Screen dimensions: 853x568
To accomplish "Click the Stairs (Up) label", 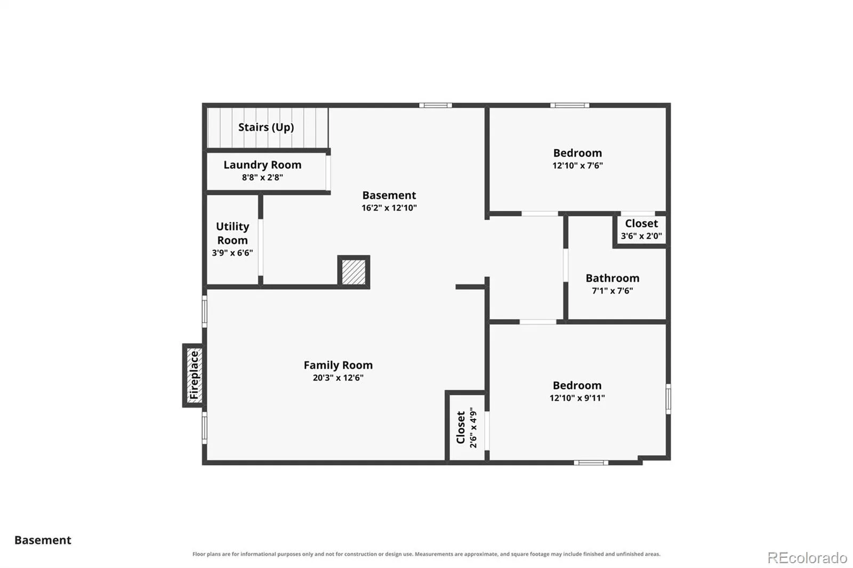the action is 266,127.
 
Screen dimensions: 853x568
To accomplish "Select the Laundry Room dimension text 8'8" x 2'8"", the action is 262,177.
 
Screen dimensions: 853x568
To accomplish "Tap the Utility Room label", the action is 232,233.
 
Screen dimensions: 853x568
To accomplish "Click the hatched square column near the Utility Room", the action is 353,272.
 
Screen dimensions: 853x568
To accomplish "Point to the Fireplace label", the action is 194,375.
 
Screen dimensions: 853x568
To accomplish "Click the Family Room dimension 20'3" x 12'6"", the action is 338,378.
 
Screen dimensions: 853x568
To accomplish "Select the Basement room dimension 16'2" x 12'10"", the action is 389,207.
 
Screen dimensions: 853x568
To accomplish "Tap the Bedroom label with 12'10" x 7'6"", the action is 578,153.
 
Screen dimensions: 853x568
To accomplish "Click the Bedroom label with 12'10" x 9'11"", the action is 577,385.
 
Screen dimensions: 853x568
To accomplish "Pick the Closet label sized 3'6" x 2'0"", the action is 641,223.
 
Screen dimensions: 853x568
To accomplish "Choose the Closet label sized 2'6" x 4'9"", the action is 461,427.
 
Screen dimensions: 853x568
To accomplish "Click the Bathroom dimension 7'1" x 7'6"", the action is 613,291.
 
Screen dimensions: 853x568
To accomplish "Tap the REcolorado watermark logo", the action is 807,558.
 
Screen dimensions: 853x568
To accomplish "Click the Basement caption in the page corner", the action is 43,540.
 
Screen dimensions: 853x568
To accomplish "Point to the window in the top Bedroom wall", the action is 570,105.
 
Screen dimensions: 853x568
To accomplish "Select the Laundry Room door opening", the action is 328,173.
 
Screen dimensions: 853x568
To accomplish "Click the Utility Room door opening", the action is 261,247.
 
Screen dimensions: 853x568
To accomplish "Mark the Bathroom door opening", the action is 566,265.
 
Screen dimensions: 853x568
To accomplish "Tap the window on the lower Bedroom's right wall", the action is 669,399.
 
